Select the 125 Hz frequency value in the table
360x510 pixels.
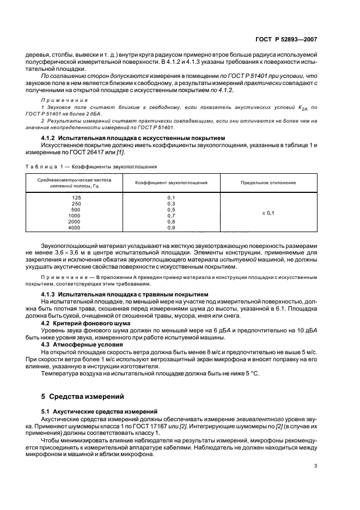click(x=76, y=197)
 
